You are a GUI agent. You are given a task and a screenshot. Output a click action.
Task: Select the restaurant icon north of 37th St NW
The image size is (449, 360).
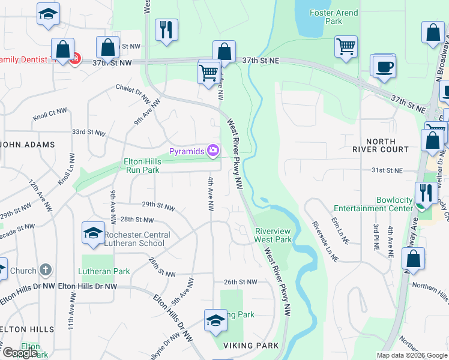(166, 29)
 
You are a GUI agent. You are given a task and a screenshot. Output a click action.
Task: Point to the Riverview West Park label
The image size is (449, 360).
(273, 235)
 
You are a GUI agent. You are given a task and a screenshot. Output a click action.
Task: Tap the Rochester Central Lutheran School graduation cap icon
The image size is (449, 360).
(93, 234)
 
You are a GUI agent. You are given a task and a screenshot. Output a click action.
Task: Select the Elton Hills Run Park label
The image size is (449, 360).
(142, 166)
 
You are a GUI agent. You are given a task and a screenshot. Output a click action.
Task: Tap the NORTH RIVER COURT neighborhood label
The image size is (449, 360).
(379, 145)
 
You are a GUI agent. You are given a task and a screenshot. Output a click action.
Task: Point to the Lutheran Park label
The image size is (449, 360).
(104, 271)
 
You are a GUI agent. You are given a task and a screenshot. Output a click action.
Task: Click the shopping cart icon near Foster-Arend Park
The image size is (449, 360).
(346, 46)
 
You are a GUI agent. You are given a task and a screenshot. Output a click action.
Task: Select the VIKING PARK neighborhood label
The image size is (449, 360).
(252, 346)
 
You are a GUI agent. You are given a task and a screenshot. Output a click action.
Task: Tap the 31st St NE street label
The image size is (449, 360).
(385, 170)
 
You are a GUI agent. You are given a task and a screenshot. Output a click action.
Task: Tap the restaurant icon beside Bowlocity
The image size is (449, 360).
(426, 193)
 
